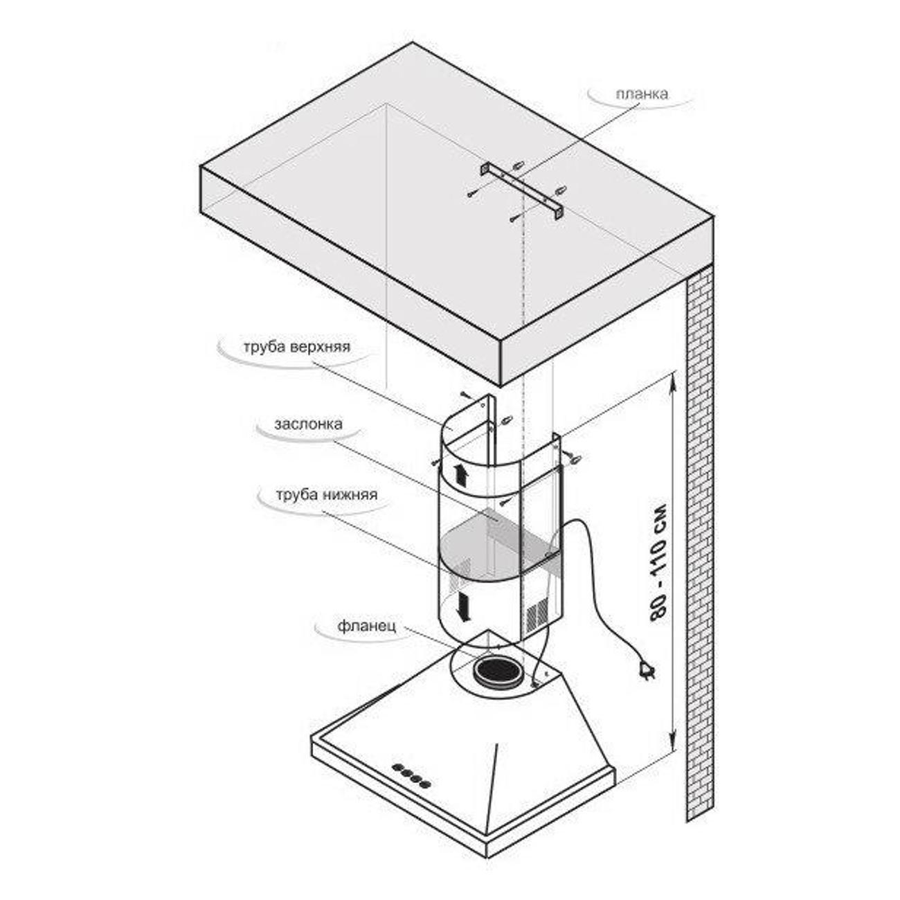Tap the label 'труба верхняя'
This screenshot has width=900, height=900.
(x=296, y=347)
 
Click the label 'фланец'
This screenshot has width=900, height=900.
(x=367, y=627)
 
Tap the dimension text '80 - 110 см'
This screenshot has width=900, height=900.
(x=659, y=561)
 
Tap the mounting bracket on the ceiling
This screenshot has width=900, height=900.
(x=523, y=191)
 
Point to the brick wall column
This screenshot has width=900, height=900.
(x=699, y=540)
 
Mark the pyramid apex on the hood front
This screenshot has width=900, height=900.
(x=496, y=746)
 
